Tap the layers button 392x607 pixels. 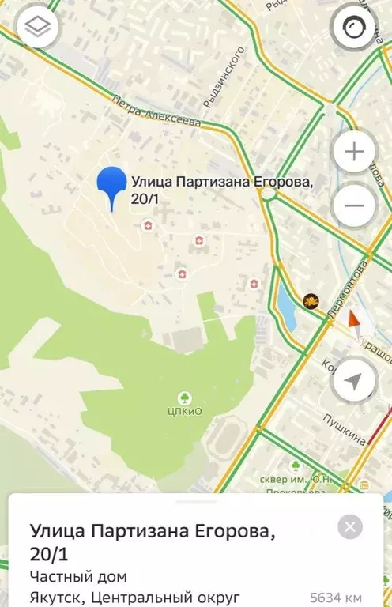37,29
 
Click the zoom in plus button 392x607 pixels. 354,153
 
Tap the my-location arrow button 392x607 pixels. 354,381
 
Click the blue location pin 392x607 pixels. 112,187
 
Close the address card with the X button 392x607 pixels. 350,526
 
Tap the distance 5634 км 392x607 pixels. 335,598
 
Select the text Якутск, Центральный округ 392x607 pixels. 134,598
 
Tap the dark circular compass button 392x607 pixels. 354,30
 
